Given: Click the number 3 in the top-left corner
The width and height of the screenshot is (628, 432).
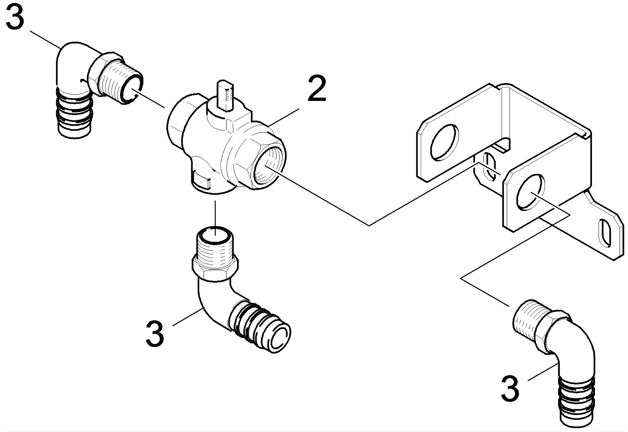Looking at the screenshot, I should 15,16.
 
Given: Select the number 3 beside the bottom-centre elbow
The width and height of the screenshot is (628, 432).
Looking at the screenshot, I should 155,334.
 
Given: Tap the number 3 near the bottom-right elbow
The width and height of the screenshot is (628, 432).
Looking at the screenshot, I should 510,389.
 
